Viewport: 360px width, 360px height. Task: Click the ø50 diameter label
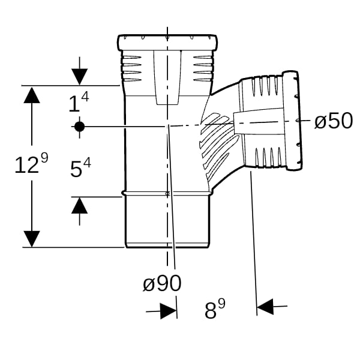tap(334, 121)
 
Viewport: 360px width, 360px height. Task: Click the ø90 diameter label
tap(162, 283)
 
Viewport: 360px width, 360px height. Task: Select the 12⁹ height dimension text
tap(31, 163)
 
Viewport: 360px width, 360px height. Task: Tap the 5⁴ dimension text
tap(80, 168)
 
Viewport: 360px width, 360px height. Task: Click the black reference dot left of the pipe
tap(79, 127)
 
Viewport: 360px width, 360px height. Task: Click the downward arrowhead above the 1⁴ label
tap(79, 77)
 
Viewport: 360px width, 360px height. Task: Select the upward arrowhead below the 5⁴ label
tap(79, 205)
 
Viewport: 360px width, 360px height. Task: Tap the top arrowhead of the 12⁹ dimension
tap(32, 95)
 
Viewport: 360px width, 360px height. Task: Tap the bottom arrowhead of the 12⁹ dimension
tap(32, 239)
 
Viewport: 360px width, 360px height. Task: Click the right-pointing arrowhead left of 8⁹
tap(169, 311)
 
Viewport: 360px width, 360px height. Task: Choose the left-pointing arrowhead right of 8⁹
tap(265, 307)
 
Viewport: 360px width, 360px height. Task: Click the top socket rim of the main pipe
tap(167, 43)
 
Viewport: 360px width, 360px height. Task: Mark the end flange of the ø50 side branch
tap(292, 121)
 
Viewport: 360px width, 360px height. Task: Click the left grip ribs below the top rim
tap(131, 68)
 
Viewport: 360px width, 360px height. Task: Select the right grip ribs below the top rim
tap(203, 68)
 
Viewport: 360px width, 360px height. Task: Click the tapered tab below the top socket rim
tap(167, 77)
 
